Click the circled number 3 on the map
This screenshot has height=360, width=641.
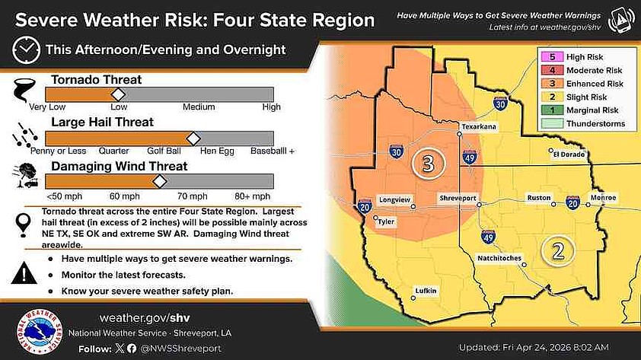(x=428, y=162)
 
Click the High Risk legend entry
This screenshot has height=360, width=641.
(x=578, y=57)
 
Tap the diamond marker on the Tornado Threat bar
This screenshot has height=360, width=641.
(x=118, y=94)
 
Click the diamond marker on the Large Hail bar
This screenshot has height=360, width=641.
(x=193, y=138)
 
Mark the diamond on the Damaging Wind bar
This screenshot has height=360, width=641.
(x=159, y=181)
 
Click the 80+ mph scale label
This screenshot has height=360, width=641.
(x=254, y=196)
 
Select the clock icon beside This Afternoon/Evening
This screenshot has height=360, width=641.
(x=26, y=50)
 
